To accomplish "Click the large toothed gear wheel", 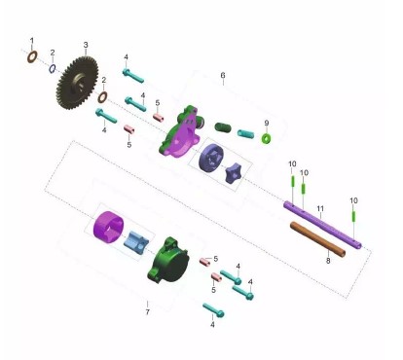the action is coord(77,83).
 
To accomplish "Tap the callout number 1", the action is coord(32,41).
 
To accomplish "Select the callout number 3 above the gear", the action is coord(86,45).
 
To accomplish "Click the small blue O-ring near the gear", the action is coord(53,68).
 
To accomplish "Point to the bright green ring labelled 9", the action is coord(267,138).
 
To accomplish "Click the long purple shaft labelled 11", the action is coord(322,225).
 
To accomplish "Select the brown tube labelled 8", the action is coord(317,239).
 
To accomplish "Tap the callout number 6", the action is coord(223,75).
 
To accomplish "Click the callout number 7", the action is coord(148,312).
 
